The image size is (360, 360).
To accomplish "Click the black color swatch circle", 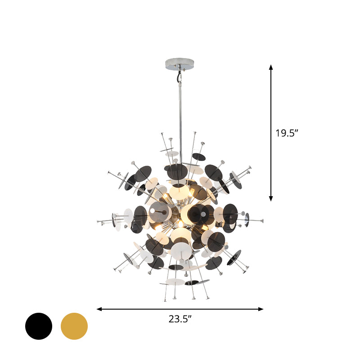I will tap(39, 326).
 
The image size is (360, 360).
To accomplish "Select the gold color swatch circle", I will tap(74, 326).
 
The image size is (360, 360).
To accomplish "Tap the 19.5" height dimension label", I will tap(287, 133).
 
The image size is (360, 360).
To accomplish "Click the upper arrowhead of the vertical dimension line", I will tap(271, 67).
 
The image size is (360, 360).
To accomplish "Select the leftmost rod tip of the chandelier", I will tap(98, 221).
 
